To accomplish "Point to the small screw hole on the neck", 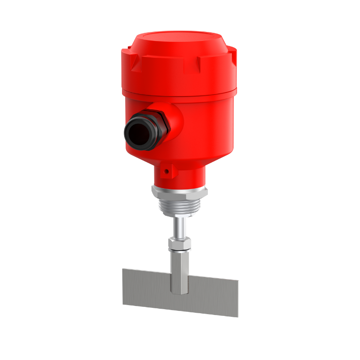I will (x=166, y=171).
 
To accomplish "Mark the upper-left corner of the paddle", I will (x=124, y=270).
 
